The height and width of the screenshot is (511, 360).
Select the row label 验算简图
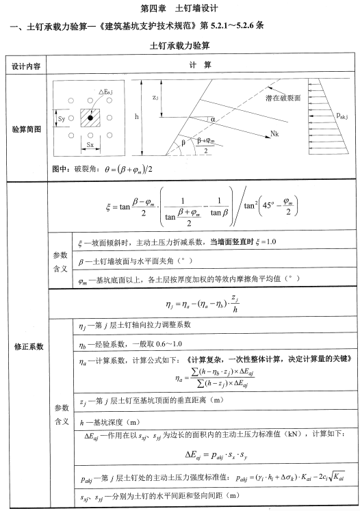25,129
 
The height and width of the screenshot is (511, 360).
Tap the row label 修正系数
25,346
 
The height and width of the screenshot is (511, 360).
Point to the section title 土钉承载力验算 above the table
180,45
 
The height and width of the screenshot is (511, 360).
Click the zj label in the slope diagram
157,96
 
